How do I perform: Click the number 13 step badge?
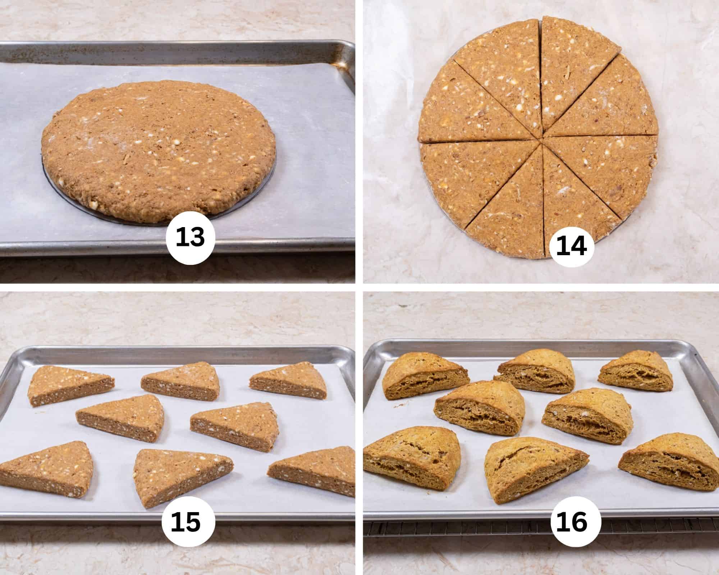pyautogui.click(x=190, y=238)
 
